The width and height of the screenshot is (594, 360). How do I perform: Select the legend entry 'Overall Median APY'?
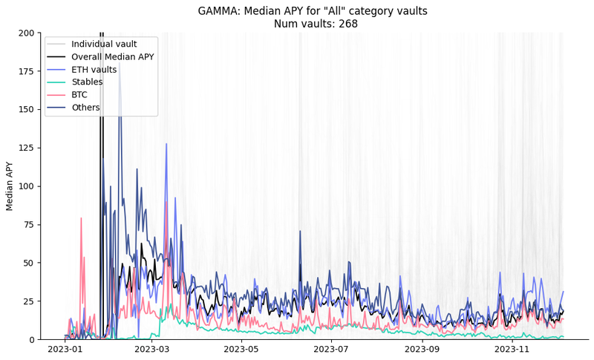coord(111,56)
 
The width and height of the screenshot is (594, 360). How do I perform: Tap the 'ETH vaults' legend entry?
coord(94,69)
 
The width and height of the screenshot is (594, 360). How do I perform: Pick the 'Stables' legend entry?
coord(87,82)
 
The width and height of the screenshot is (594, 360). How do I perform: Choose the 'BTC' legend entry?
coord(79,94)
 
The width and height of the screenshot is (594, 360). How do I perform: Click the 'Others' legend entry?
coord(85,108)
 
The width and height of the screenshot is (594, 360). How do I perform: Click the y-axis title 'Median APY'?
coord(10,186)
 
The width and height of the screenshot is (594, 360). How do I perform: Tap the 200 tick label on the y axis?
coord(26,33)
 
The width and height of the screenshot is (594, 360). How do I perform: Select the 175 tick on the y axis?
coord(26,71)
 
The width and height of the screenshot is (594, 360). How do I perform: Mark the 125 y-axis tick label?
coord(26,148)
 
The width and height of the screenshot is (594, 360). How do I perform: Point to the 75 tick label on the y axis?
coord(28,225)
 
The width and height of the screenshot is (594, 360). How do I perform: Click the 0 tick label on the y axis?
coord(31,340)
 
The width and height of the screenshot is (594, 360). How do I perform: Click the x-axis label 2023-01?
coord(65,348)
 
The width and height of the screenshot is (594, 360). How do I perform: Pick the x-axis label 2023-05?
coord(245,348)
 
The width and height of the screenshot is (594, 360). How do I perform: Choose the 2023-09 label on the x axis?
coord(423,348)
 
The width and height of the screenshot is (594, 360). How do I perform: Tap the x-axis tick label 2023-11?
coord(512,348)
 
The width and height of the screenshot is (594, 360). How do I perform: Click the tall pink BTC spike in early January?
coord(81,220)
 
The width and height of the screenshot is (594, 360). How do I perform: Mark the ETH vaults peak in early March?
coord(166,145)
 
